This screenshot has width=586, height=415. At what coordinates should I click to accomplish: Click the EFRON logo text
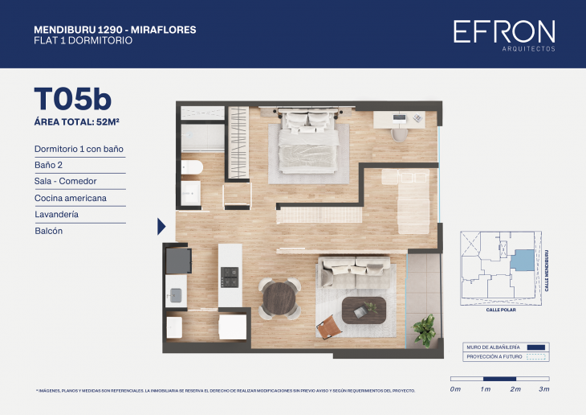click(503, 31)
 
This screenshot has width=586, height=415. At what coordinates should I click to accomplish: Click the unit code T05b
click(72, 98)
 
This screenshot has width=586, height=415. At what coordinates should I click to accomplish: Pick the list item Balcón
click(49, 231)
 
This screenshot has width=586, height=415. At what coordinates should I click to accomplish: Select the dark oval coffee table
click(364, 309)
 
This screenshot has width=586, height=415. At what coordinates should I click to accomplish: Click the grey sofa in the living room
click(353, 271)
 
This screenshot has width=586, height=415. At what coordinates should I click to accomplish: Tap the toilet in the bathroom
click(192, 167)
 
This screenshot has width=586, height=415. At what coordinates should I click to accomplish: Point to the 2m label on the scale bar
click(515, 389)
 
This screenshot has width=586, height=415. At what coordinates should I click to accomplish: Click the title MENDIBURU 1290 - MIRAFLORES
click(115, 30)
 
